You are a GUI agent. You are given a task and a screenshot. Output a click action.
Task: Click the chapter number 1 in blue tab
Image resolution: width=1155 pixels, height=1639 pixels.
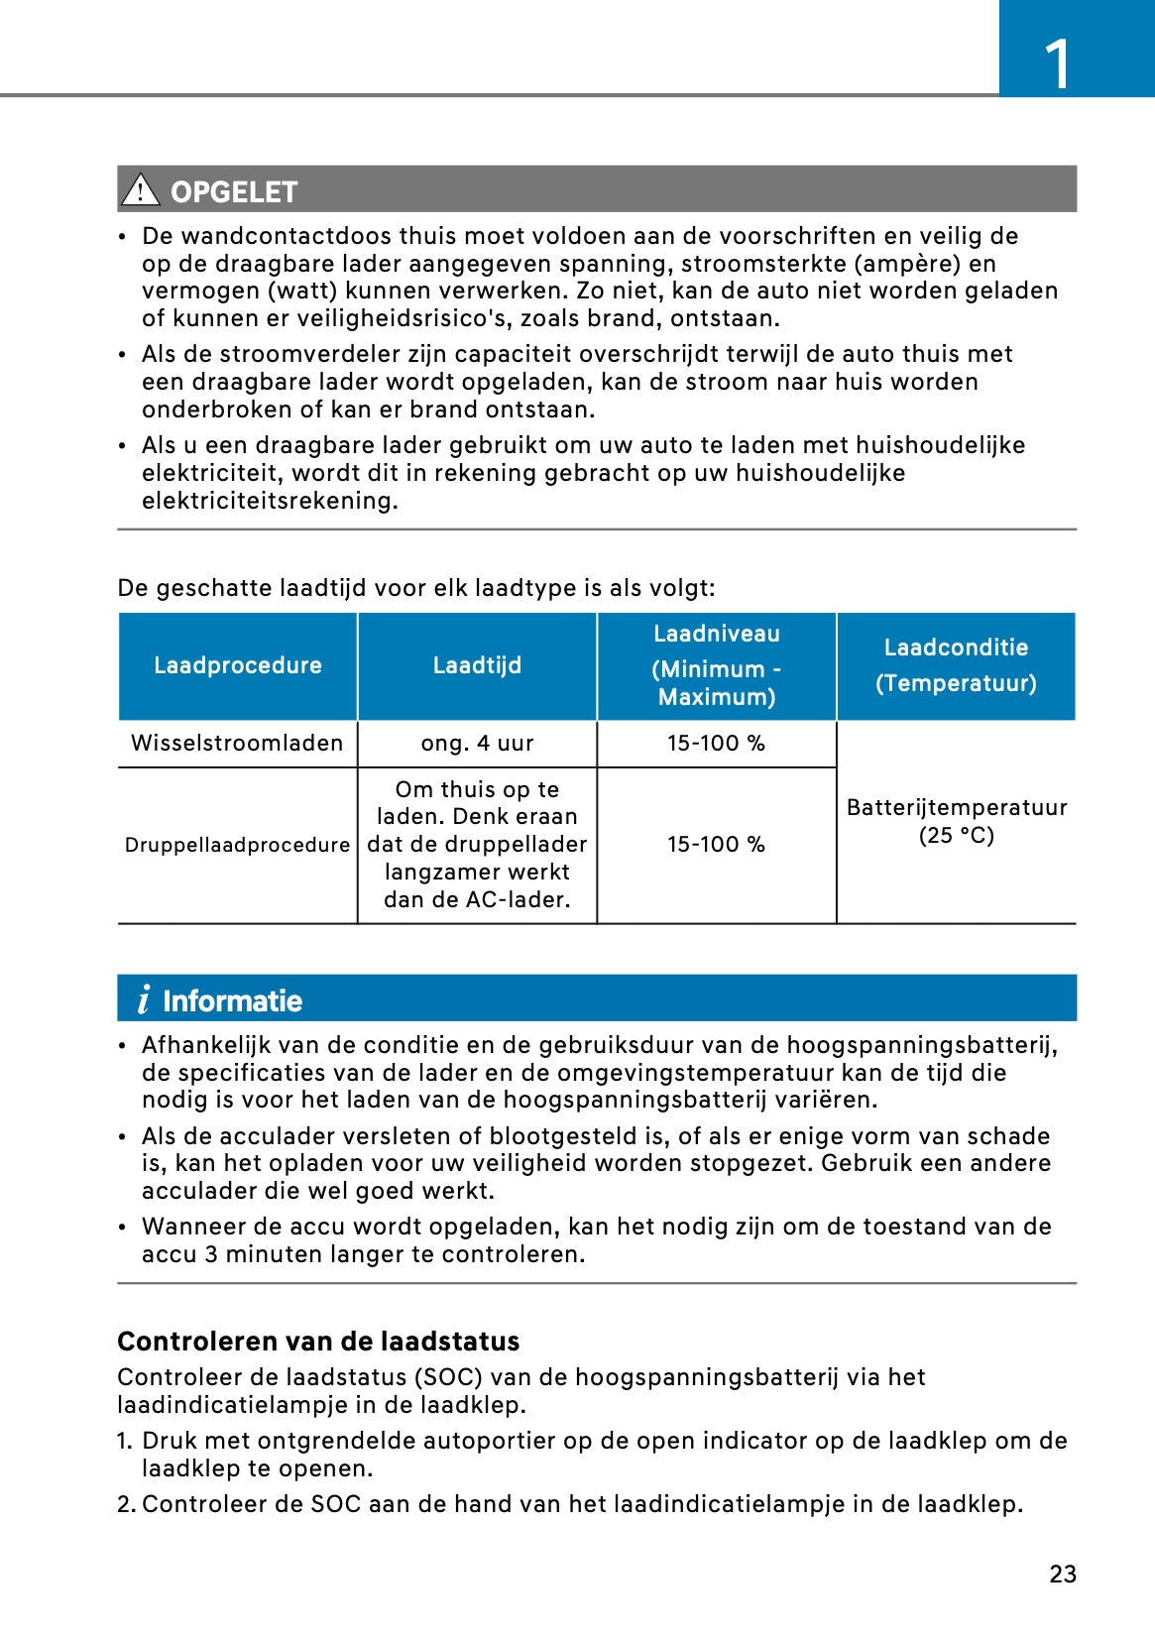click(1058, 64)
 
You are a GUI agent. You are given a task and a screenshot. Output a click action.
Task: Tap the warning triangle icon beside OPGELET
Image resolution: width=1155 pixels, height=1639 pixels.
click(141, 189)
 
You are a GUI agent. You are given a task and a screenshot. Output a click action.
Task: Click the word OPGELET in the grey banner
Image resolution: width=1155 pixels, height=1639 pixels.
click(234, 191)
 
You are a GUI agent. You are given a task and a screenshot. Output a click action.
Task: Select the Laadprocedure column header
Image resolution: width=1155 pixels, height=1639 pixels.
click(238, 665)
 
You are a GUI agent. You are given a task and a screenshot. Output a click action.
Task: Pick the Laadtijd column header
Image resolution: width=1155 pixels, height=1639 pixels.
click(477, 665)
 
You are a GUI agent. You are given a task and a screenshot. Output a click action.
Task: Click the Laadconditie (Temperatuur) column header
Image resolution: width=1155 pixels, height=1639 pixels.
click(956, 665)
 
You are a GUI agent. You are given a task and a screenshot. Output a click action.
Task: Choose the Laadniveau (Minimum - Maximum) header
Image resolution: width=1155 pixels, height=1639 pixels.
click(716, 665)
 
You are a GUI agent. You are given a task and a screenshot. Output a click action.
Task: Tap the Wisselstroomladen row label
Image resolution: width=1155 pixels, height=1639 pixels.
click(237, 744)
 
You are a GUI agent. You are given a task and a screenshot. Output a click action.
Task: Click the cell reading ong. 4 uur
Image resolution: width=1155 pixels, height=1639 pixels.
click(477, 744)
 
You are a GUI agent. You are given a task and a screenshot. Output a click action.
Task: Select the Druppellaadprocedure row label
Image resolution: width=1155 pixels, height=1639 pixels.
click(237, 845)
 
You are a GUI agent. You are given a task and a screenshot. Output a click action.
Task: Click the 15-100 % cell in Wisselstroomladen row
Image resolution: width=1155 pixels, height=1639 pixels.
click(716, 744)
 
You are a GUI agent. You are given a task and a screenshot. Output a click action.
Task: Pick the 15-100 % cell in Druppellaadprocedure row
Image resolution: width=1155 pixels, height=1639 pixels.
click(716, 845)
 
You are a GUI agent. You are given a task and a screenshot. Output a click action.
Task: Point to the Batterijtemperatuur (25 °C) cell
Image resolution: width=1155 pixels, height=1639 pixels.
click(956, 821)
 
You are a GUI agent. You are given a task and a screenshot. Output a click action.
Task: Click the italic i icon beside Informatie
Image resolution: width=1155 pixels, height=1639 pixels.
click(144, 999)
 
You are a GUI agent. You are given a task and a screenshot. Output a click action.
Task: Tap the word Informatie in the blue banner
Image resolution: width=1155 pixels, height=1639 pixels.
click(232, 1001)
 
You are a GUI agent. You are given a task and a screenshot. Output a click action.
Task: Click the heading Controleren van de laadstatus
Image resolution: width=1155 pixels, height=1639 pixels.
click(318, 1342)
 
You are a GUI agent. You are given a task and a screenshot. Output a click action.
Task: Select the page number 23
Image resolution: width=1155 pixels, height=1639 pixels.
click(1063, 1575)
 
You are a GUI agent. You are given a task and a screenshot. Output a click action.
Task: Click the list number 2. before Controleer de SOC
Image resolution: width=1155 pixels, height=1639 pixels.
click(126, 1504)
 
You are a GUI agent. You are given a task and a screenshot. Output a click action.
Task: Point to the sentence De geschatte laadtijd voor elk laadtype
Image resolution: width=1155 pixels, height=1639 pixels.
click(415, 588)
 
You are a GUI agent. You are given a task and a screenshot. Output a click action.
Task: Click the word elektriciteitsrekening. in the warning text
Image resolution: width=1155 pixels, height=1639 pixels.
click(270, 501)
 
